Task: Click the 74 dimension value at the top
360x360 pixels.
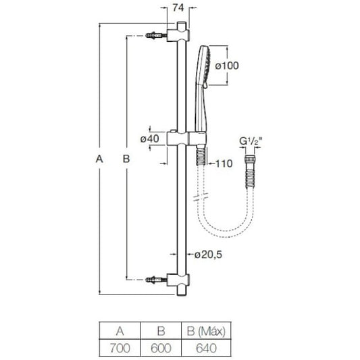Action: [178, 8]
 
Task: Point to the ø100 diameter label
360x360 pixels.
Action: [227, 66]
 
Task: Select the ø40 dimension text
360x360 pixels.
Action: [150, 138]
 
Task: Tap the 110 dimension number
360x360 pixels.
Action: [224, 163]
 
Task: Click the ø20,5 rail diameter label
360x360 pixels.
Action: [208, 255]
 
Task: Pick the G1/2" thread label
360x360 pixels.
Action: [251, 141]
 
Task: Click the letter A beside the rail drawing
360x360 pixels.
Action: [99, 159]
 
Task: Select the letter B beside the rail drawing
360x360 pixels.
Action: [126, 159]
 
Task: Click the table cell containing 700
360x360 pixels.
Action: [120, 348]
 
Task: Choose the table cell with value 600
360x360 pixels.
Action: [161, 348]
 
